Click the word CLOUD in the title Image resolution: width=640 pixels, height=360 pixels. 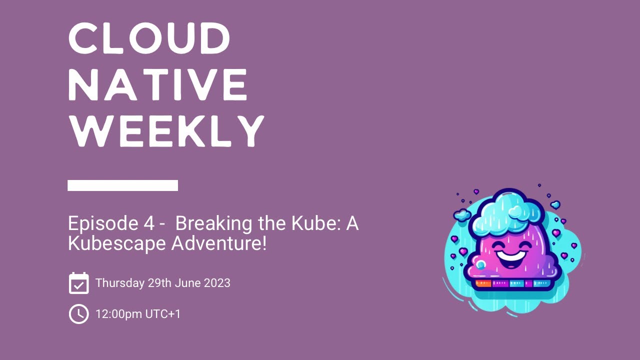click(149, 38)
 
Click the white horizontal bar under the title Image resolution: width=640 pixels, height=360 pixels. click(122, 185)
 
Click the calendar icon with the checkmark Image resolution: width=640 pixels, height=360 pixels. click(78, 283)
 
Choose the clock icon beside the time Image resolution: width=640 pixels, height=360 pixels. click(78, 314)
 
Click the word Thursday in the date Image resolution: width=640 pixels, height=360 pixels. click(119, 283)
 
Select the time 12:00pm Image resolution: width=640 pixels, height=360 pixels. click(118, 314)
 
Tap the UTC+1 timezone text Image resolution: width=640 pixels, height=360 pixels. click(163, 314)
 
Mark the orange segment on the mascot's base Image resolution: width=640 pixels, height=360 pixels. click(483, 283)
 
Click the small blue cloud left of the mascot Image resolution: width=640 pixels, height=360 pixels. click(462, 215)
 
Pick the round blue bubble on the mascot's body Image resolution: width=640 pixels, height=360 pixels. click(480, 264)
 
